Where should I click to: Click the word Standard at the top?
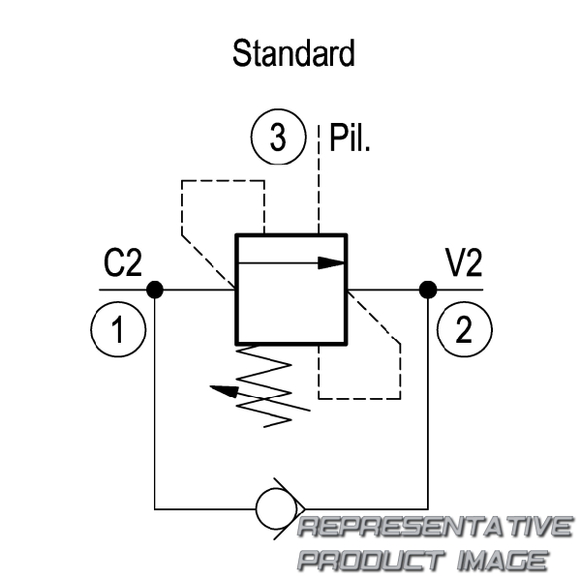coord(293,53)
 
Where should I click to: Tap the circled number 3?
coord(278,137)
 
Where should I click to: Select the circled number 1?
coord(118,329)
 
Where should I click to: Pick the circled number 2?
coord(464,329)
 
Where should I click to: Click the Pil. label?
coord(350,138)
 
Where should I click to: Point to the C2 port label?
coord(123,262)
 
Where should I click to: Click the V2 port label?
coord(464,262)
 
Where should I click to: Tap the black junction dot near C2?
coord(155,290)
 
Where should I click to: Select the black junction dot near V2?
coord(428,290)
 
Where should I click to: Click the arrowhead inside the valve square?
coord(331,263)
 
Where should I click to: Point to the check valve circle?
coord(276,509)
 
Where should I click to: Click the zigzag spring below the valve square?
coord(263,386)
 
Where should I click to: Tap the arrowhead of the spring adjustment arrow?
coord(225,391)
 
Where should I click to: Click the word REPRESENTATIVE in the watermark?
coord(435,526)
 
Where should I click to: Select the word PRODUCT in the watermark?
coord(372,560)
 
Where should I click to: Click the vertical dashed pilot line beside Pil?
coord(319,180)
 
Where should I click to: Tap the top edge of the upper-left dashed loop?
coord(223,181)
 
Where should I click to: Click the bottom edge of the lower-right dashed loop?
coord(359,399)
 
